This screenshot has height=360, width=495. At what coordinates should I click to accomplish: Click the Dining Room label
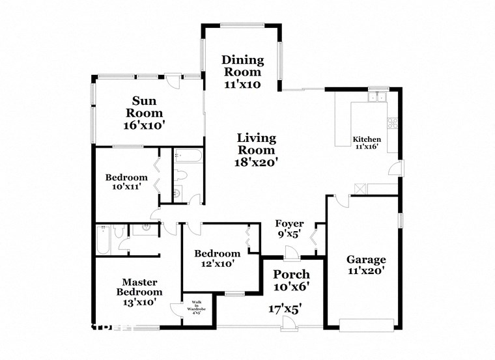click(x=242, y=72)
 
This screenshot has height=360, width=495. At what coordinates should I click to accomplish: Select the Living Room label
click(x=256, y=150)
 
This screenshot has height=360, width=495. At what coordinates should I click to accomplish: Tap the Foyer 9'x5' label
click(x=289, y=228)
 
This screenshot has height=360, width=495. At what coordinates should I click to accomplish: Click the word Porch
click(x=291, y=273)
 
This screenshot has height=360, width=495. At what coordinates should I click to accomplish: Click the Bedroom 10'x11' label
click(x=126, y=182)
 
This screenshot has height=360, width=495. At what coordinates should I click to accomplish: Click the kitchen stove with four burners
click(x=393, y=122)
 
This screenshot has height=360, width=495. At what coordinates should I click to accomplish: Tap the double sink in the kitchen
click(x=376, y=98)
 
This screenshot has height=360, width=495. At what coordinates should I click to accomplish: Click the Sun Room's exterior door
click(x=173, y=81)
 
